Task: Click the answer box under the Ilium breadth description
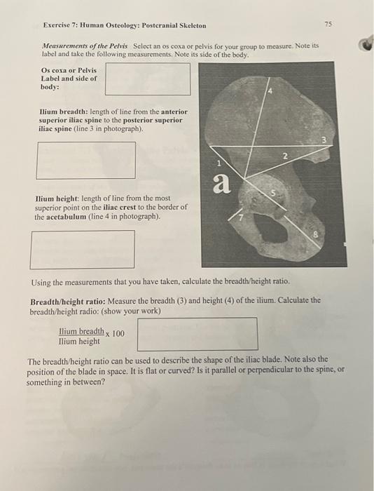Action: click(x=86, y=160)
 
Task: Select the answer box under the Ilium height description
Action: click(x=83, y=249)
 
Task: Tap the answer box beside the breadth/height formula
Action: click(x=197, y=335)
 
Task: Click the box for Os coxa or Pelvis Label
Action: click(x=148, y=79)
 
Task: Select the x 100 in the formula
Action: click(x=115, y=334)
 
